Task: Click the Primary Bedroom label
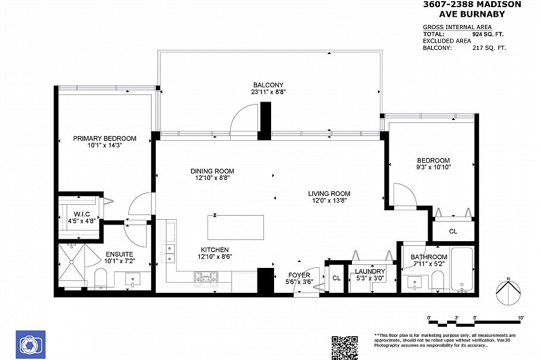coord(105,138)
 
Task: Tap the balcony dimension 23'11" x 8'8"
coord(268,92)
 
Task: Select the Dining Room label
coord(212,171)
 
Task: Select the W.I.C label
coord(82,214)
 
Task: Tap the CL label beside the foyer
coord(336,277)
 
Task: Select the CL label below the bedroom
coord(453,231)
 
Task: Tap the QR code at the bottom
coord(344,347)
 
